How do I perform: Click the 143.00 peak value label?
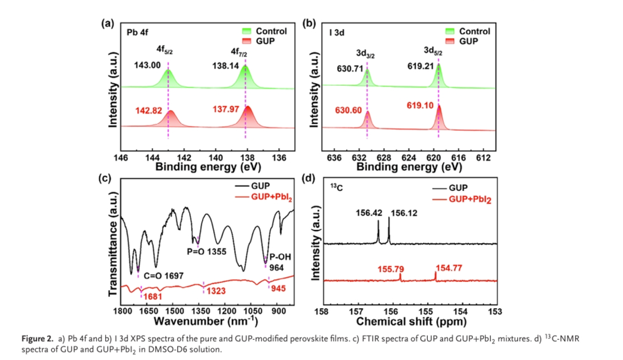pos(147,65)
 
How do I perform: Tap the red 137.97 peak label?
pos(223,109)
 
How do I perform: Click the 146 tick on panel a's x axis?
pos(122,157)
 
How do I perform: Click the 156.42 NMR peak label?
pos(368,213)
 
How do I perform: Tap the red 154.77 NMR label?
pos(449,266)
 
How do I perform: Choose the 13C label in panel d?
pos(334,188)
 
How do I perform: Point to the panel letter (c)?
pos(106,178)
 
